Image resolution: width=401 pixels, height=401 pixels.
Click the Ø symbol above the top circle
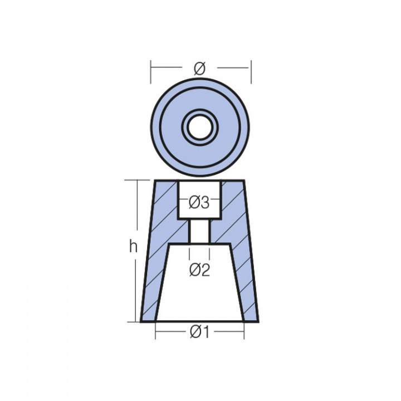coord(199,69)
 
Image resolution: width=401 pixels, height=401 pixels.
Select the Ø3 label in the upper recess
coord(199,203)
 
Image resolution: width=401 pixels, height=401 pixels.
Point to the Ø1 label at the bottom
coord(199,332)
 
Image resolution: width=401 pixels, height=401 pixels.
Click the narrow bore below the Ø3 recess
coord(199,231)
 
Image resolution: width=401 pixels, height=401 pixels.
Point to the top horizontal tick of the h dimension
coord(134,180)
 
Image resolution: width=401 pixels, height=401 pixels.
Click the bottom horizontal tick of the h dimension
coord(134,321)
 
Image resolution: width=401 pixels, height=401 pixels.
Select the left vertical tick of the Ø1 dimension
coord(155,332)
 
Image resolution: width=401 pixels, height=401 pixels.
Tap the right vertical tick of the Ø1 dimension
coord(244,332)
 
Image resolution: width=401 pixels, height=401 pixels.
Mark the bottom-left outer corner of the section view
coord(141,321)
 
